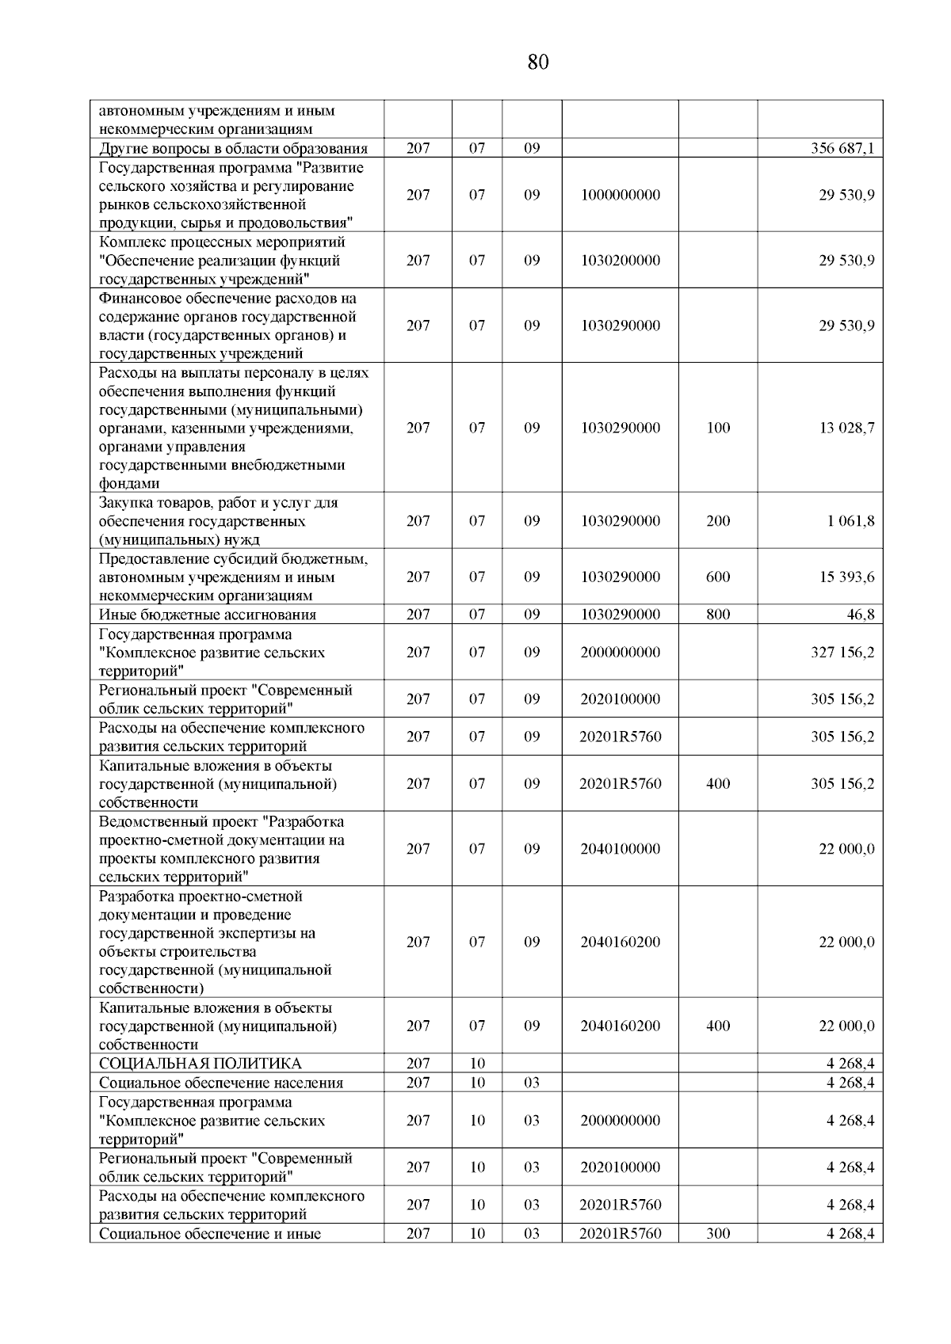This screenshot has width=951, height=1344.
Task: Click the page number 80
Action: pos(537,63)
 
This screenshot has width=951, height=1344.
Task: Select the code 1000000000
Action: pos(620,195)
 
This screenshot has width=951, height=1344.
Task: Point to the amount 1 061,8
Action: pos(850,521)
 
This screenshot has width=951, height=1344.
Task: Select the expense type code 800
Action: pos(718,615)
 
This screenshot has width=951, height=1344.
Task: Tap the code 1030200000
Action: pos(620,260)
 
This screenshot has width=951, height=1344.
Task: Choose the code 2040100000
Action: pos(620,848)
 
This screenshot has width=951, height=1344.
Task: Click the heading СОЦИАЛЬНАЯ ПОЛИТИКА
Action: pos(200,1064)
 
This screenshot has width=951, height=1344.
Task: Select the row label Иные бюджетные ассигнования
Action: pos(207,615)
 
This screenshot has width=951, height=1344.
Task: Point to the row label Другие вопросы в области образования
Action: pos(233,148)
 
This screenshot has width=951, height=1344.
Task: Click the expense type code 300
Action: pos(718,1233)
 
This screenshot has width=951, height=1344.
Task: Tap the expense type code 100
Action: pos(718,428)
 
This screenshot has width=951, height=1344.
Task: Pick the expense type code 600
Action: pos(718,577)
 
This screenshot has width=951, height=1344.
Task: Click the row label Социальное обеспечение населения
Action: pos(221,1083)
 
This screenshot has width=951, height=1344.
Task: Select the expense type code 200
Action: pos(718,521)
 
